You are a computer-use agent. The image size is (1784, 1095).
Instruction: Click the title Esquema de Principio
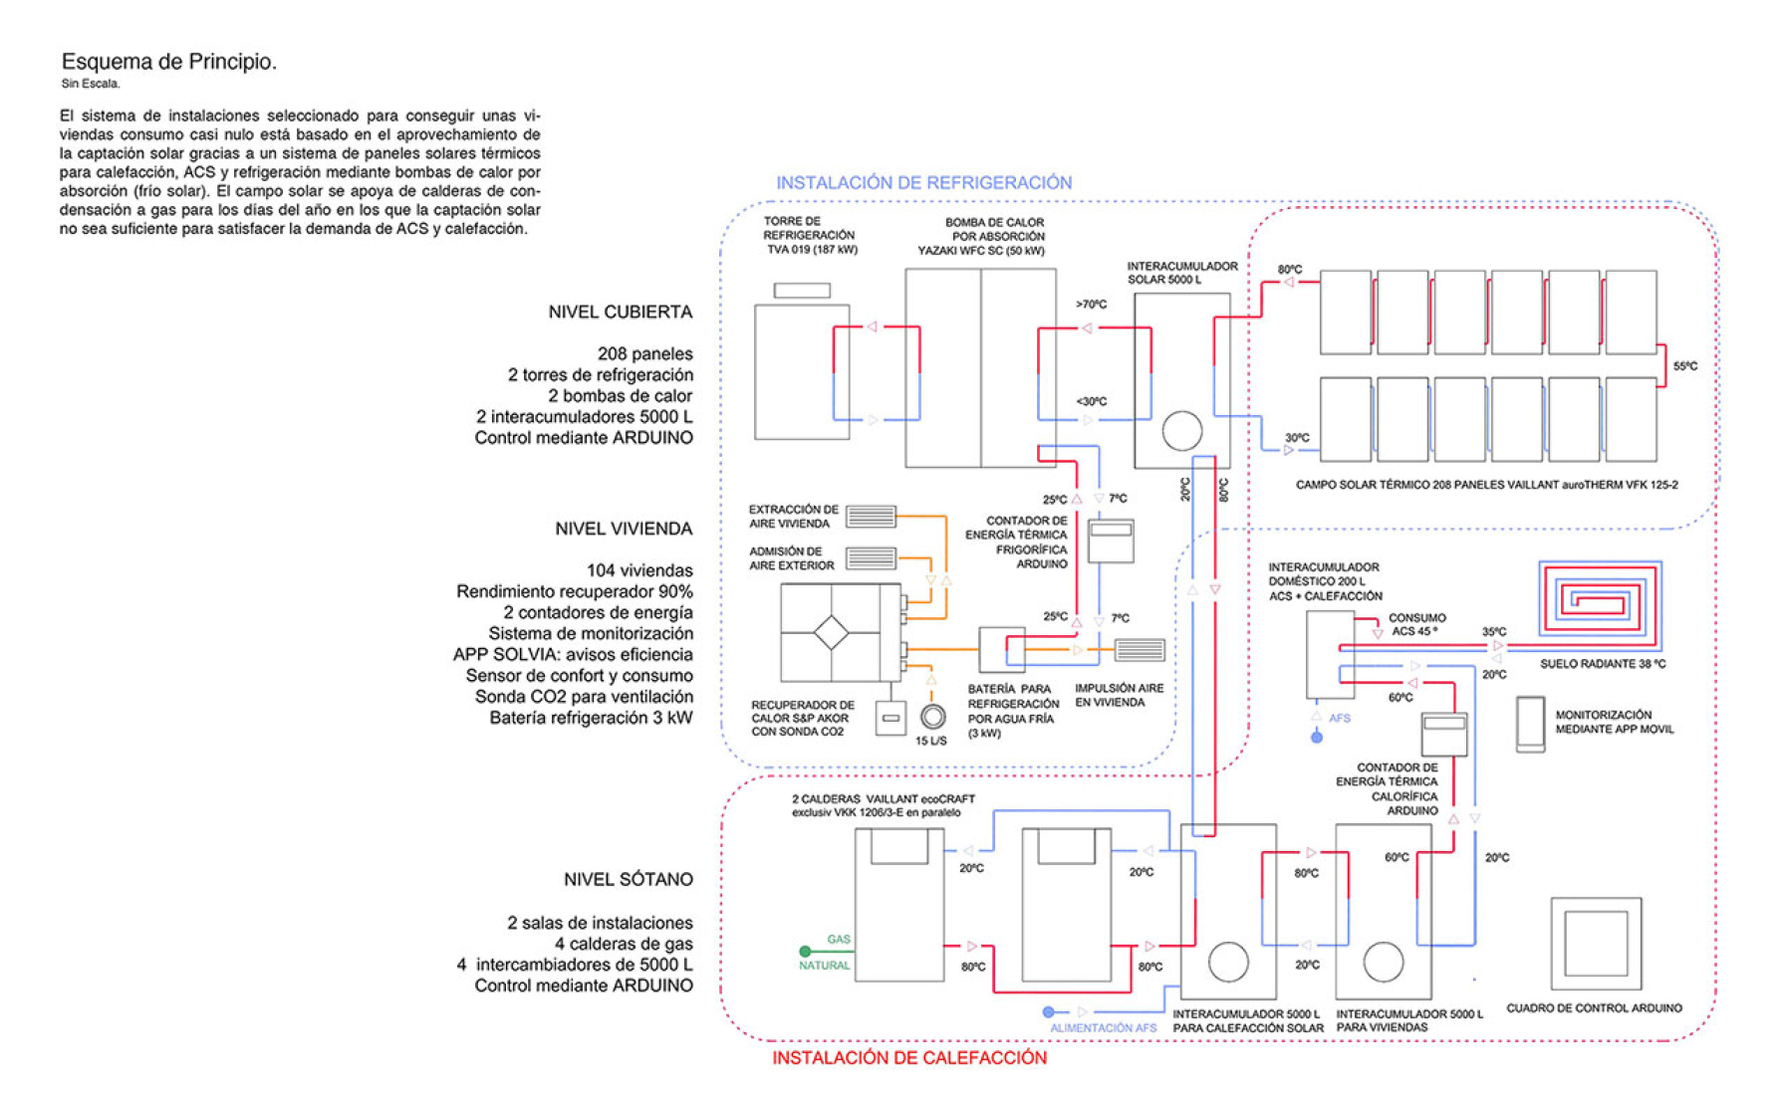[169, 62]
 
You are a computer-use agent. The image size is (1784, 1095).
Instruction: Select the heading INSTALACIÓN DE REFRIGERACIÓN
[924, 183]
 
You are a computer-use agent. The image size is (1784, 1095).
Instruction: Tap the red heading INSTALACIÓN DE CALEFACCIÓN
[909, 1057]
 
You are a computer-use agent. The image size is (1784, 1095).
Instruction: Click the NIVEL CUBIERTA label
[621, 312]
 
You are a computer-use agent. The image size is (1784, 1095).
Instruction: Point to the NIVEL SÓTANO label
[629, 879]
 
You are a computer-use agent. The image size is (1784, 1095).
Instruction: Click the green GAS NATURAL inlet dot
[805, 952]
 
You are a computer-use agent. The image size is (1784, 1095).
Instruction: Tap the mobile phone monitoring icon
[1530, 723]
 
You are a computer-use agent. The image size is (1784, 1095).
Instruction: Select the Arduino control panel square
[1596, 943]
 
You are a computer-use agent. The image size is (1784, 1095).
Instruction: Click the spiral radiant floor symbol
[1600, 599]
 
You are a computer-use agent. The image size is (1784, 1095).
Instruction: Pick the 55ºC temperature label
[1685, 366]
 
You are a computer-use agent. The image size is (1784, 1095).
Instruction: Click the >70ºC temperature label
[1091, 305]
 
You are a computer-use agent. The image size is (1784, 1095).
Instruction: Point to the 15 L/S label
[931, 741]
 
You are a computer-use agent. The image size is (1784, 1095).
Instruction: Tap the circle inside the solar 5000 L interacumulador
[1181, 431]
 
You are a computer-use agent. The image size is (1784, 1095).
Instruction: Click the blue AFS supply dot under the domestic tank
[1317, 738]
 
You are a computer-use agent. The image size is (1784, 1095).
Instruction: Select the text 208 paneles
[645, 353]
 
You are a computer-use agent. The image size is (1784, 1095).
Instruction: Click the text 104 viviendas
[639, 570]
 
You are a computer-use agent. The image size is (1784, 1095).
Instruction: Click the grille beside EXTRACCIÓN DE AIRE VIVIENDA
[871, 517]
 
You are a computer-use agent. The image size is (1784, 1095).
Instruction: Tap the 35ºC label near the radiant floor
[1494, 632]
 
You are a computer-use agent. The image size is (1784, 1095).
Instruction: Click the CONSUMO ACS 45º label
[1416, 624]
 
